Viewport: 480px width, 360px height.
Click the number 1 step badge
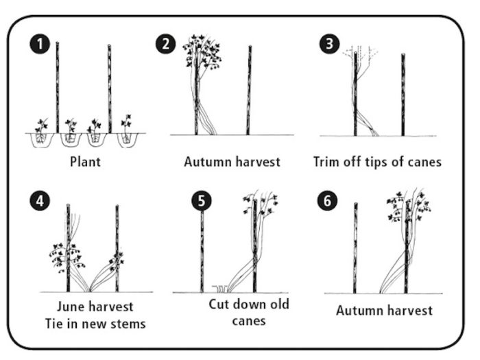40,44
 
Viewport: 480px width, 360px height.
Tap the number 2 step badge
166,44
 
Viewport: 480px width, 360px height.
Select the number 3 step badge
329,44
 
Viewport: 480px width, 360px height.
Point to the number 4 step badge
40,201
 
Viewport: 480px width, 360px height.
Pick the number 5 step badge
202,201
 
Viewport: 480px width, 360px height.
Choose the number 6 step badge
327,201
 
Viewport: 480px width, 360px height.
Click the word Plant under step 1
86,162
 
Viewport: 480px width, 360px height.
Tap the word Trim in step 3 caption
326,162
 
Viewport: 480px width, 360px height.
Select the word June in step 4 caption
69,307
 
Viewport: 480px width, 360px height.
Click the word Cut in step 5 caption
219,304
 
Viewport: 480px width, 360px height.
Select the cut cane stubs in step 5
220,289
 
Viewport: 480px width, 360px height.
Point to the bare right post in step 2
249,90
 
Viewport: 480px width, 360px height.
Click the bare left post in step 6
355,248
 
